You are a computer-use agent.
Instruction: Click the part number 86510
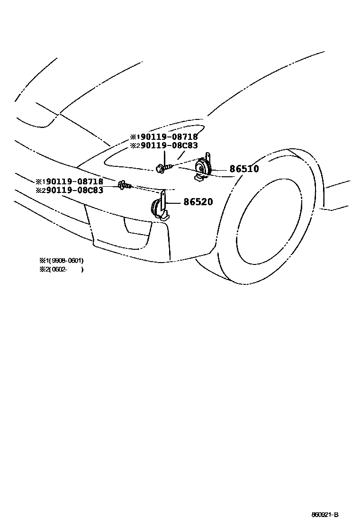pyautogui.click(x=244, y=169)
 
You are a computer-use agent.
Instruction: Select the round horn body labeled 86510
pyautogui.click(x=203, y=167)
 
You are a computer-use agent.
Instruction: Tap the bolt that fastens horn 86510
pyautogui.click(x=161, y=167)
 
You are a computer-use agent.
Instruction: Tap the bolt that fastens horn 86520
pyautogui.click(x=124, y=185)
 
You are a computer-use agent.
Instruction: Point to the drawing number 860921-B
pyautogui.click(x=325, y=515)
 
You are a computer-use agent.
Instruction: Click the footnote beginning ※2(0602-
pyautogui.click(x=62, y=269)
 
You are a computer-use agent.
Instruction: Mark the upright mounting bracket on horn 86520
pyautogui.click(x=164, y=201)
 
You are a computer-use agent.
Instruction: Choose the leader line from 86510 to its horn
pyautogui.click(x=220, y=169)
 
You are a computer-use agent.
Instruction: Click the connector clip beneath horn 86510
pyautogui.click(x=199, y=178)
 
